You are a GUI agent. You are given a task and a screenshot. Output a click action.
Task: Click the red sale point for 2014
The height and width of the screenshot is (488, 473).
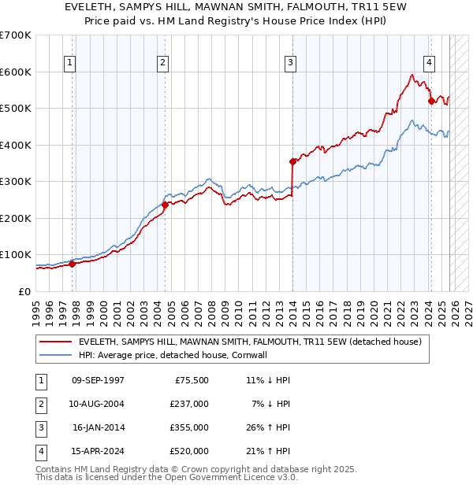coord(292,161)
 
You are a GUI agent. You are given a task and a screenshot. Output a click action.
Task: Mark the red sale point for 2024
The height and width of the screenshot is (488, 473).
coord(431,101)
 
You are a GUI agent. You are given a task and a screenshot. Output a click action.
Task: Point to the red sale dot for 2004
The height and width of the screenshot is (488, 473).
coord(165,205)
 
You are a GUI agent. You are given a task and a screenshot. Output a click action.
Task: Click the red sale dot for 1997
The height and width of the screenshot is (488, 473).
coord(72,264)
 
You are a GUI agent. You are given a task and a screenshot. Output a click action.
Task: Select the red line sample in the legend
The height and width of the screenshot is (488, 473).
coord(57,342)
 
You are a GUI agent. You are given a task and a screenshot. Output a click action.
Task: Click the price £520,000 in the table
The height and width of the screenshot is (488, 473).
coord(189,451)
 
